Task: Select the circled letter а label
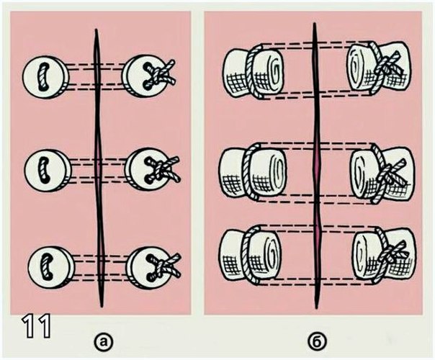pos(104,341)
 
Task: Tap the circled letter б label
pos(317,341)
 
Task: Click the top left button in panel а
pos(45,77)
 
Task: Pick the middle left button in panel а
pos(47,170)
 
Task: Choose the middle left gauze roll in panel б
pos(253,173)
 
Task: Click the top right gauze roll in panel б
pos(379,68)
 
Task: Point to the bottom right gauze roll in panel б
pos(385,256)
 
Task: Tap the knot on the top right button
pos(161,73)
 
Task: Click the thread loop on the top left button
pos(42,77)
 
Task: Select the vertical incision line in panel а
pos(99,168)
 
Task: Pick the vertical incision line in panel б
pos(316,166)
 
